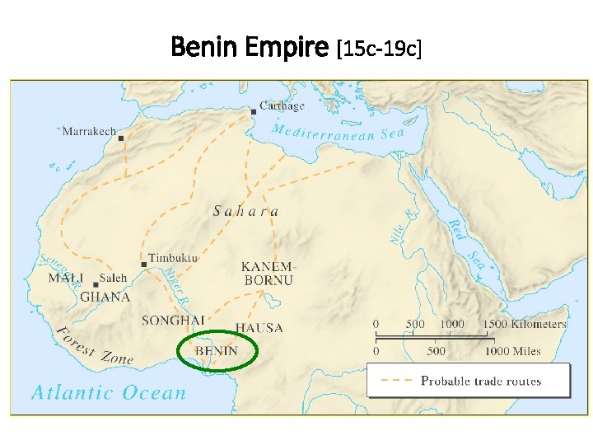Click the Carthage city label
(282, 106)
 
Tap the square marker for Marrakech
(121, 138)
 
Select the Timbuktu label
(174, 258)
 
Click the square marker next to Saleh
(96, 284)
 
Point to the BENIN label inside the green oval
(216, 351)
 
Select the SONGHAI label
(173, 321)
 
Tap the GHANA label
(105, 297)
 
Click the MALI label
(66, 279)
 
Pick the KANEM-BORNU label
(267, 274)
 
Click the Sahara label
(245, 211)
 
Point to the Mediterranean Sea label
(338, 133)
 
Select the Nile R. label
(399, 226)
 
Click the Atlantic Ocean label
(109, 393)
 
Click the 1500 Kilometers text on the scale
(524, 324)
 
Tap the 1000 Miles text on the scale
(512, 351)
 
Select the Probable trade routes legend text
(481, 381)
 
